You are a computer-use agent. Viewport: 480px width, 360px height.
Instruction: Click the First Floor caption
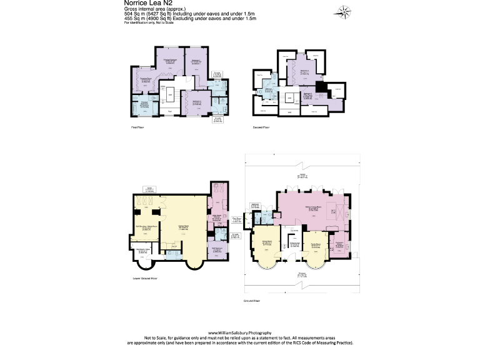pyautogui.click(x=138, y=127)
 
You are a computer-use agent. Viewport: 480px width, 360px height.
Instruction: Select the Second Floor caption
pyautogui.click(x=261, y=127)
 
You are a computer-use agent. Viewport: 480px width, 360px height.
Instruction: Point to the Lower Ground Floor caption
pyautogui.click(x=145, y=276)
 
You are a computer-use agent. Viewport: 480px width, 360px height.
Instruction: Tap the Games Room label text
pyautogui.click(x=184, y=227)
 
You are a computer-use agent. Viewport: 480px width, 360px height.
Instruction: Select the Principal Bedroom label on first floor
pyautogui.click(x=172, y=61)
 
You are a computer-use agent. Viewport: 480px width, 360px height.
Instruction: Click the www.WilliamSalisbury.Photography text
pyautogui.click(x=240, y=332)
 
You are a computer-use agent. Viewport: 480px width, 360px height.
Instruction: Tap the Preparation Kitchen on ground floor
pyautogui.click(x=341, y=244)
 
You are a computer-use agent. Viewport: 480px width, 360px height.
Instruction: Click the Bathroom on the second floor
pyautogui.click(x=269, y=89)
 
